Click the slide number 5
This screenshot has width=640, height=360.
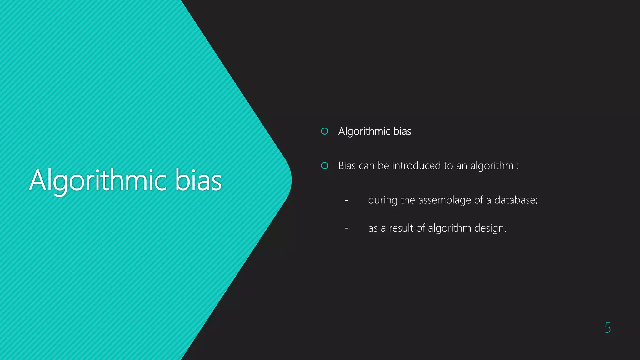(607, 328)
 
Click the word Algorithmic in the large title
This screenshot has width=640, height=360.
(98, 180)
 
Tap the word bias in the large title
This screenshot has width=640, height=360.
(198, 180)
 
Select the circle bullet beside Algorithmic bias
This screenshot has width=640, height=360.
(325, 131)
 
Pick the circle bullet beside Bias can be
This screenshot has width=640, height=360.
(325, 166)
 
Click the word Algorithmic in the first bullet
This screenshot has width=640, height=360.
(364, 131)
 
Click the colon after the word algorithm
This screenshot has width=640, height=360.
(518, 166)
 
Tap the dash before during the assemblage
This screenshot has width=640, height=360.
(346, 200)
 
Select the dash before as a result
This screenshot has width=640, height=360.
(346, 228)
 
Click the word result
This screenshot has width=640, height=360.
(401, 228)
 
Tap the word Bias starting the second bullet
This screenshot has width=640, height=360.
(347, 166)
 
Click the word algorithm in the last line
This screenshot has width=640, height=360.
(449, 228)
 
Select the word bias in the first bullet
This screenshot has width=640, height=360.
(402, 131)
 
